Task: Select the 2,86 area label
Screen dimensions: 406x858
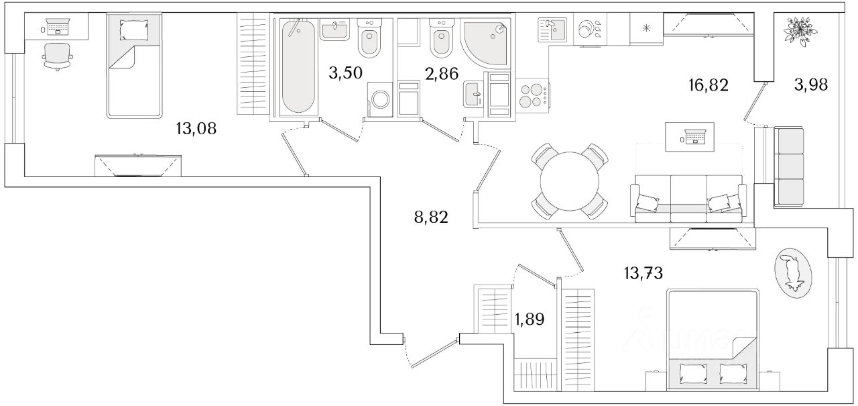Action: (x=441, y=73)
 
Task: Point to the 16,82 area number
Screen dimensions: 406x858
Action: (x=708, y=85)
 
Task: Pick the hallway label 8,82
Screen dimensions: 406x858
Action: (x=430, y=217)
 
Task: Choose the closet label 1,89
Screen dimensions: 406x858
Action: (x=530, y=319)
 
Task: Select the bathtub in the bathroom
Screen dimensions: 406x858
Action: (x=298, y=67)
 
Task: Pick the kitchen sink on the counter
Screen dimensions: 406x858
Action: (x=552, y=30)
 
